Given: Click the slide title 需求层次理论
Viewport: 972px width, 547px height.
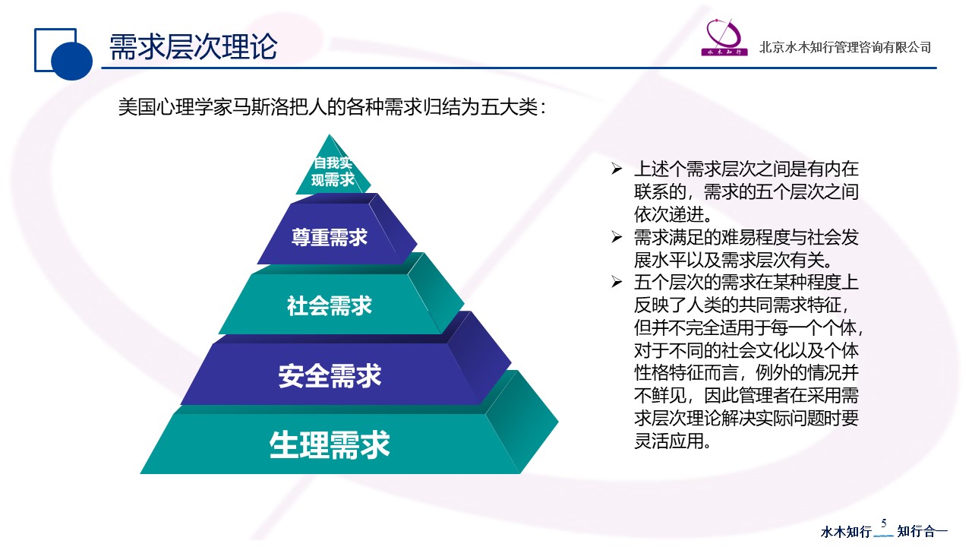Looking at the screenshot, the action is (x=193, y=46).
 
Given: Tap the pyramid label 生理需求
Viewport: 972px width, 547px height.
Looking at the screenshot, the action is (x=330, y=444).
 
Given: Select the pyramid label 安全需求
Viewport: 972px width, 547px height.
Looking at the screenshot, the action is (x=330, y=375).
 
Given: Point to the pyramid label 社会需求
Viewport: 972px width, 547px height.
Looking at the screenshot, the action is (x=330, y=305).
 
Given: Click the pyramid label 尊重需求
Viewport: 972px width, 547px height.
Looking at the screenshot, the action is (x=330, y=238).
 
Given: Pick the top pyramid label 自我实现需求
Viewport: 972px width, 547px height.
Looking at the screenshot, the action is (x=333, y=172).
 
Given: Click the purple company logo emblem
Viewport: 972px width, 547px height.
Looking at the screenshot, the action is (x=724, y=37).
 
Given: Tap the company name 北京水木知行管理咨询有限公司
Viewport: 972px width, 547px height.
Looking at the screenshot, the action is (x=845, y=47).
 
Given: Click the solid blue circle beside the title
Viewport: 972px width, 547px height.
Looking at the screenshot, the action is (x=71, y=60).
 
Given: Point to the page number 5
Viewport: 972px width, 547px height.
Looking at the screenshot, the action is (x=884, y=523).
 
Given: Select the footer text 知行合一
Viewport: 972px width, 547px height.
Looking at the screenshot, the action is (x=922, y=531).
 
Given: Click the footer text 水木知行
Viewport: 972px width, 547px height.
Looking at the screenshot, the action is (x=846, y=531).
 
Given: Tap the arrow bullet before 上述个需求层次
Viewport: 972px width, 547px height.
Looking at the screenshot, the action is (x=617, y=169).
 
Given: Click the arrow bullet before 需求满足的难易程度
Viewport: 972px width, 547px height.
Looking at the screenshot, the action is (x=617, y=237).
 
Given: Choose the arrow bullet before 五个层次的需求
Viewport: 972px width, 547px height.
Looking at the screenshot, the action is (x=617, y=282).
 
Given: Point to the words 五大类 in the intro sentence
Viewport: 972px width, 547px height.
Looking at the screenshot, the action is (x=509, y=107).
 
